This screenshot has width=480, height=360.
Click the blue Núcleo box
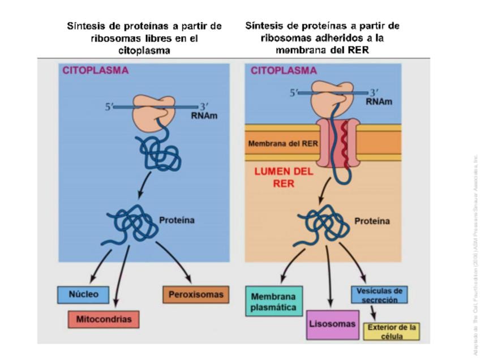pos(83,295)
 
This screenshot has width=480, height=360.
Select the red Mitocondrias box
pos(103,319)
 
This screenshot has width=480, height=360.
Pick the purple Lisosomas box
pos(332,324)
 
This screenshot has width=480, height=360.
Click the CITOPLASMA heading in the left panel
pos(95,71)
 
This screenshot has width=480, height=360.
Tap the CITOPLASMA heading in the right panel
pos(283,71)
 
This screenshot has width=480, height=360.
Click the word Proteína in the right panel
pos(372,221)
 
